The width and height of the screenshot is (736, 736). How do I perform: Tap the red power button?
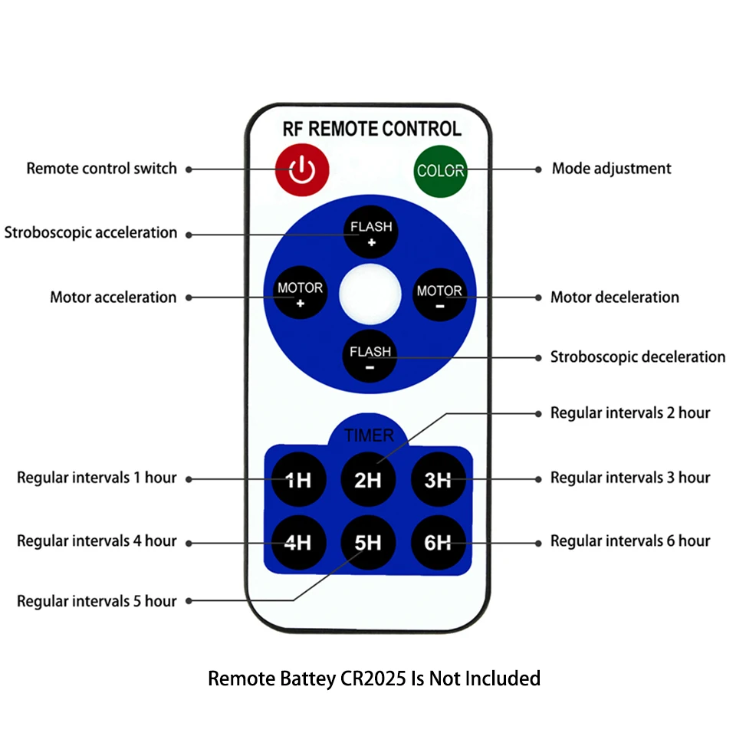point(302,169)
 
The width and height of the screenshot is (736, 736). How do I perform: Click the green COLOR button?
point(440,171)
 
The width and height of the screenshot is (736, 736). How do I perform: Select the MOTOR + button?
point(300,293)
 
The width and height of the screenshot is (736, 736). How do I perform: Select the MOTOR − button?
point(439,295)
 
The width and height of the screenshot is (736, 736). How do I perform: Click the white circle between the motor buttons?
point(370,294)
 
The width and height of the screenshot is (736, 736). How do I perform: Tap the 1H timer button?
point(298,479)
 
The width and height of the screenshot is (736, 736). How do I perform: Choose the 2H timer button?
point(368,479)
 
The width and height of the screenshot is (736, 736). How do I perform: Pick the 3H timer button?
point(438,479)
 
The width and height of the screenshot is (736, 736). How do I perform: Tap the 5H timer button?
point(368,542)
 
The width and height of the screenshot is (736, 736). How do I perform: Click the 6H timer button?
point(438,542)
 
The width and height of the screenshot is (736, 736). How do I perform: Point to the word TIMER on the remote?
point(369,435)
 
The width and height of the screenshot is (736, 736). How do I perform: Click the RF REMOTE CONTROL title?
point(372,129)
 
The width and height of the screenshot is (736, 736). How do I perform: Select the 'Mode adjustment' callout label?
point(611,169)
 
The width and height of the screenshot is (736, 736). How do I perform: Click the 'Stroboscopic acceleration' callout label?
point(90,233)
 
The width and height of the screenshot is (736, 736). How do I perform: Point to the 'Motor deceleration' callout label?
point(614,297)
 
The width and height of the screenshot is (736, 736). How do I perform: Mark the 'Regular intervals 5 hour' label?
point(97,601)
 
